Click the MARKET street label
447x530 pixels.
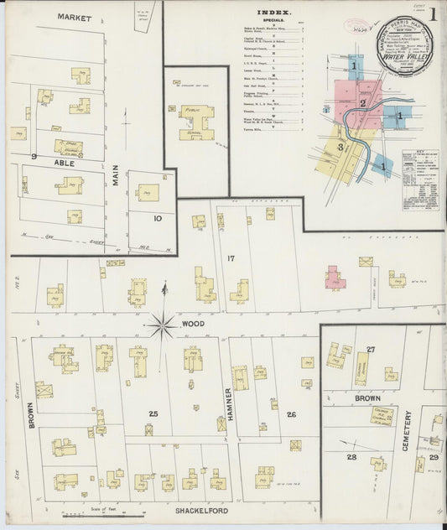[75, 17]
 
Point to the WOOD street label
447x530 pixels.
[192, 322]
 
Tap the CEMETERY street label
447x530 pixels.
[407, 430]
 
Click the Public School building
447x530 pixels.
[196, 121]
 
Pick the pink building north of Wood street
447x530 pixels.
[335, 278]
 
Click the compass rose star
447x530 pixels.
[163, 322]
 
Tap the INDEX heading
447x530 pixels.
[273, 13]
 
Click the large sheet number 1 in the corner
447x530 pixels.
[433, 14]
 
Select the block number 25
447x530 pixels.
[153, 413]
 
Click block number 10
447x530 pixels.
[157, 217]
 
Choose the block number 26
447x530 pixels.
[291, 413]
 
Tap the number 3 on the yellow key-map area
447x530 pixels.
[340, 148]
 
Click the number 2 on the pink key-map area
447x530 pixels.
[362, 103]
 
